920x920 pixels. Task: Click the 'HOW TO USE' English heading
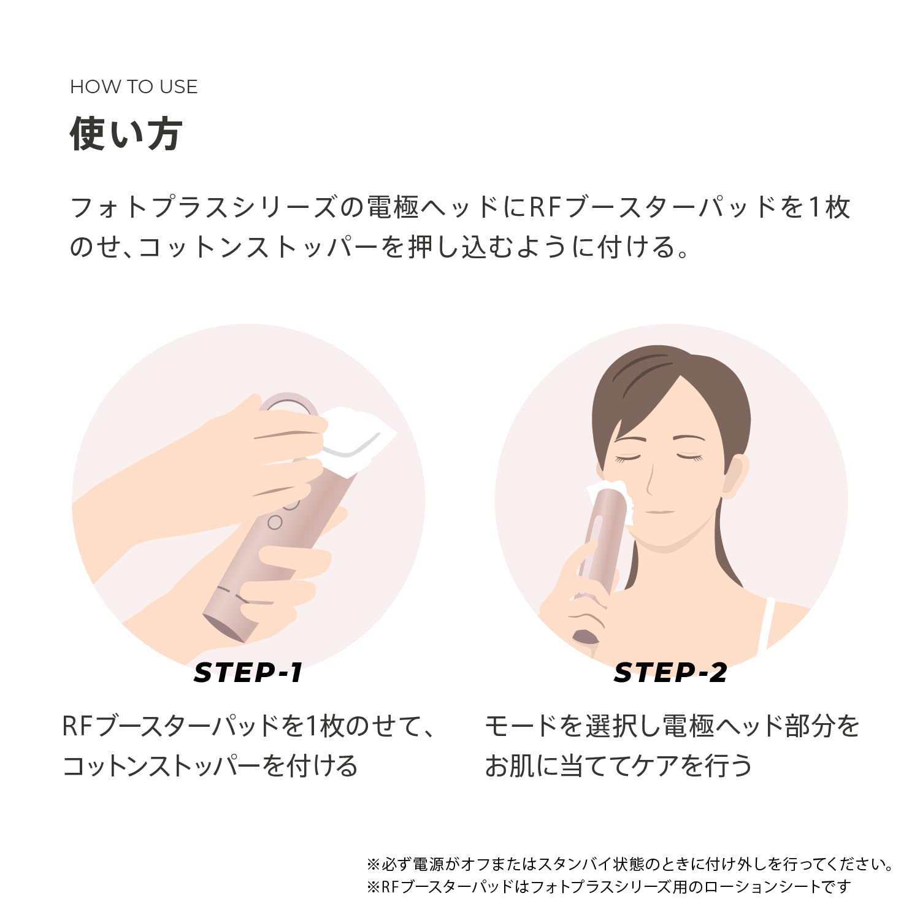click(134, 87)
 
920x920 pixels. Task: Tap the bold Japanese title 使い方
click(126, 134)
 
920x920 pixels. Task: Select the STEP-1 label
click(248, 673)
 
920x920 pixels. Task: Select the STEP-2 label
click(670, 673)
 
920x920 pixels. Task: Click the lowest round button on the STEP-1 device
click(275, 523)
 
